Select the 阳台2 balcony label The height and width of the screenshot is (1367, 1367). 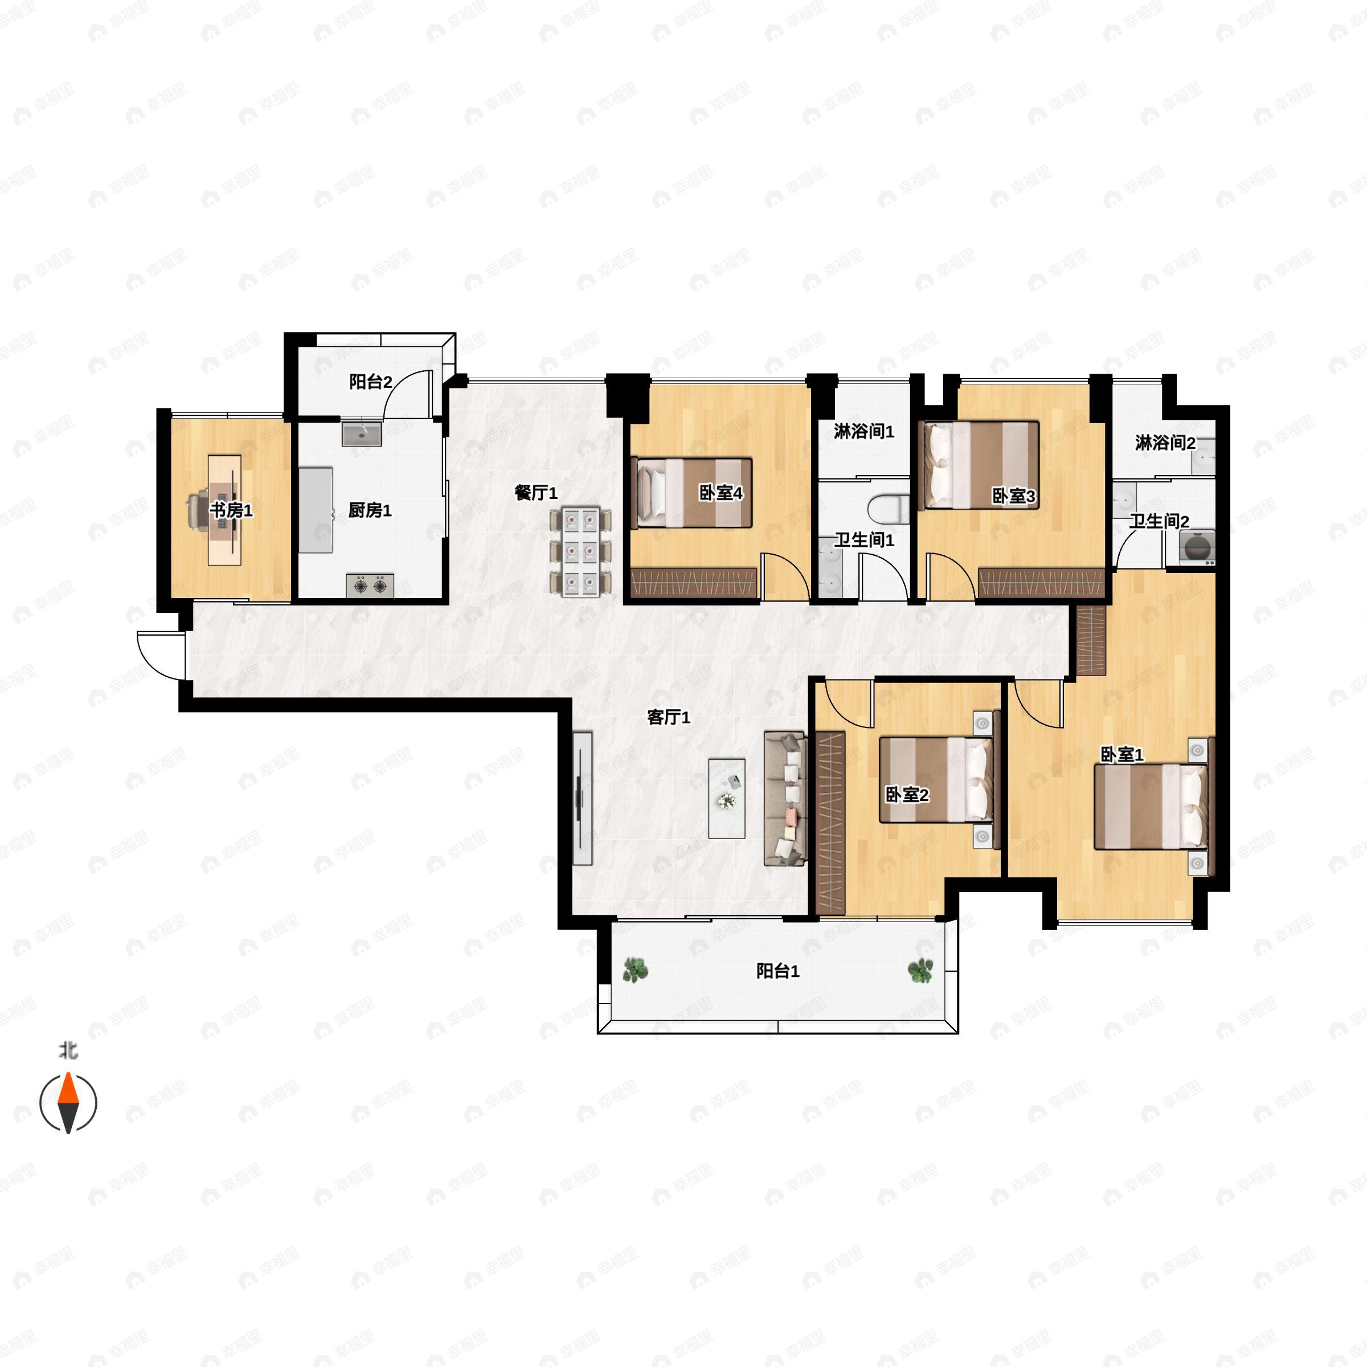click(x=370, y=382)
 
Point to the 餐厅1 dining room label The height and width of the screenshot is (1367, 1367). click(x=535, y=493)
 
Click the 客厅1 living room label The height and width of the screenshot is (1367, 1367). click(x=669, y=718)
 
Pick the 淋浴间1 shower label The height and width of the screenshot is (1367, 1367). click(x=864, y=431)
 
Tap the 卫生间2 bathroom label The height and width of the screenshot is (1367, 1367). click(x=1159, y=522)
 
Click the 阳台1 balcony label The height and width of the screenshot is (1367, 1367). click(x=777, y=972)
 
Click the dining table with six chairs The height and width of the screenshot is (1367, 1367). click(x=581, y=552)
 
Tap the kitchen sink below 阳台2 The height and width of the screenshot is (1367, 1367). click(x=362, y=433)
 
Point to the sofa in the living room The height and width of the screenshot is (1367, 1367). click(x=785, y=798)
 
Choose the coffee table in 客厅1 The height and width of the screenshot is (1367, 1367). click(x=727, y=798)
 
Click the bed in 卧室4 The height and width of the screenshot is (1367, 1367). click(x=691, y=493)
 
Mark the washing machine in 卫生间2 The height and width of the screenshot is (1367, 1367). click(x=1197, y=546)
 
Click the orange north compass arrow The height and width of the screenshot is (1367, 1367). click(x=68, y=1088)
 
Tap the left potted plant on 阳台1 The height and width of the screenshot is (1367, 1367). click(x=636, y=970)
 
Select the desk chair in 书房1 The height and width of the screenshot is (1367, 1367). click(x=198, y=509)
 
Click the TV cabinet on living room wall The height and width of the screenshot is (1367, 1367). click(x=582, y=798)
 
